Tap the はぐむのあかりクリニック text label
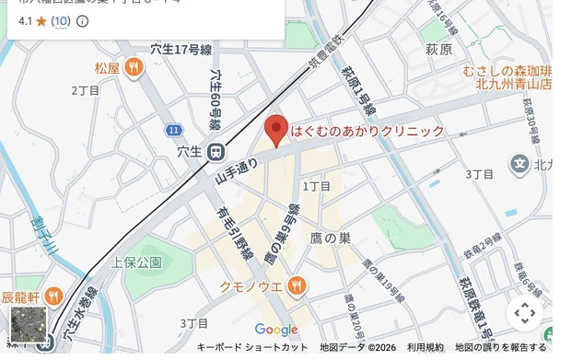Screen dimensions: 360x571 [367, 132]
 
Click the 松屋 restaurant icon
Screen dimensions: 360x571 [134, 67]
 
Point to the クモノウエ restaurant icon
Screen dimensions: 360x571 [296, 286]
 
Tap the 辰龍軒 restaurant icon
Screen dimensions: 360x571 [53, 296]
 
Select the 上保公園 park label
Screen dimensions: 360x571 [137, 262]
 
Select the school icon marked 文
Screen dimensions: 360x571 [520, 165]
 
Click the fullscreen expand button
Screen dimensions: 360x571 [525, 313]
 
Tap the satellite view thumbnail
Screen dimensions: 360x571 [29, 324]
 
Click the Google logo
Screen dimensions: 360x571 [276, 330]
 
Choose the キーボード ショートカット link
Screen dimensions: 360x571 [252, 347]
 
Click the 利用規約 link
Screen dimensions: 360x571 [425, 347]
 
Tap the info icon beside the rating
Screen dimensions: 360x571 [83, 20]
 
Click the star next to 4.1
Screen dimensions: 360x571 [41, 20]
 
